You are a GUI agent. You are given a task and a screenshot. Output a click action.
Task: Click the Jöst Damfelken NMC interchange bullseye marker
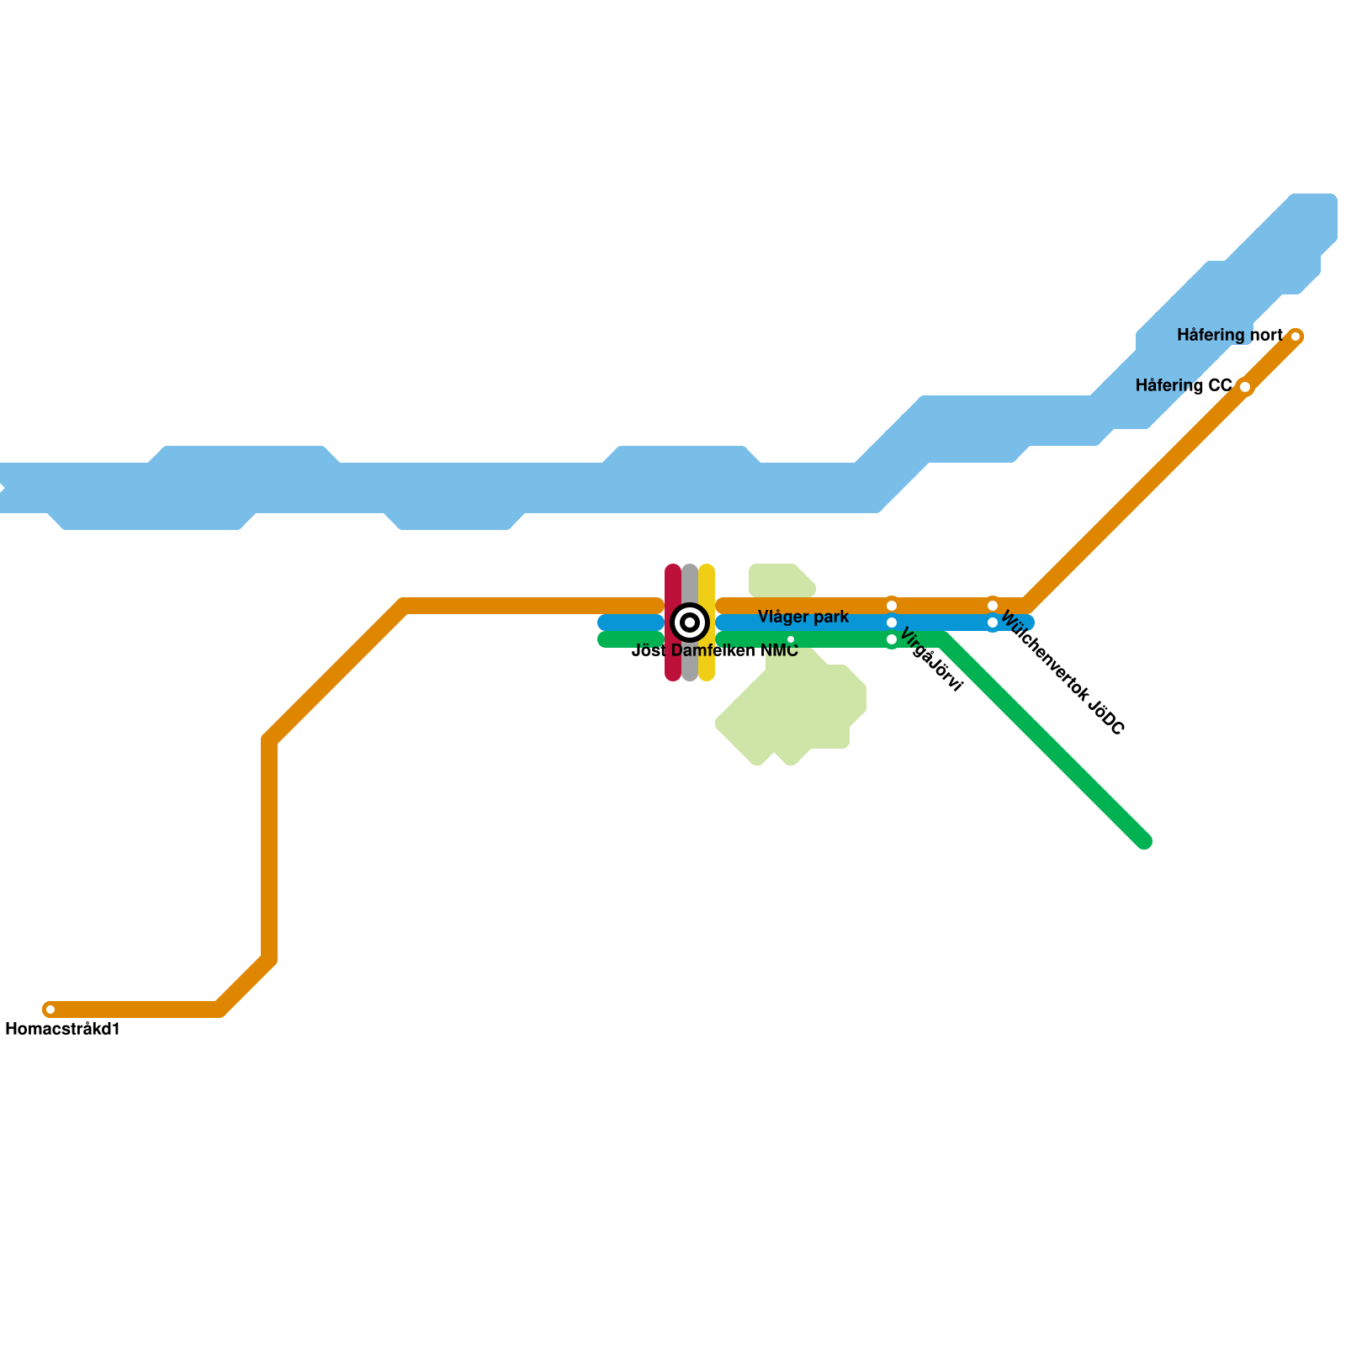[690, 623]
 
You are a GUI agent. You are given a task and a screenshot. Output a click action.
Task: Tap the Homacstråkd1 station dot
[50, 1010]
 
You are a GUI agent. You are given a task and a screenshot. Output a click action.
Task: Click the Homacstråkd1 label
[63, 1029]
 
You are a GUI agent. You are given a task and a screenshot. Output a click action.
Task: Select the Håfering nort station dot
[1296, 336]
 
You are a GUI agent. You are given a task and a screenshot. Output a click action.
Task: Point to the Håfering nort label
[1229, 336]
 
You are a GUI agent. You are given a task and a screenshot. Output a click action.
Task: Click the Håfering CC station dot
[1245, 387]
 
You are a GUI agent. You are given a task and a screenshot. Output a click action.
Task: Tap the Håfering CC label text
[1183, 386]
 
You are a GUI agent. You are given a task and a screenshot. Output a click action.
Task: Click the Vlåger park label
[803, 617]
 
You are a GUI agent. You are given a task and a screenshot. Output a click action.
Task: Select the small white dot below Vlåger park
[791, 640]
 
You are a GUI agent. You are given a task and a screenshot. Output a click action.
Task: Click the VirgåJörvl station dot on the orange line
[892, 606]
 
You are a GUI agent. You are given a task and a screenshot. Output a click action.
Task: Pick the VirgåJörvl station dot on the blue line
[892, 623]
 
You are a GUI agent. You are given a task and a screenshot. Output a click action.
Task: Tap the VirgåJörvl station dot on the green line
[892, 639]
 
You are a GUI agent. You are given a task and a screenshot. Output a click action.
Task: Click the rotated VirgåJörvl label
[930, 660]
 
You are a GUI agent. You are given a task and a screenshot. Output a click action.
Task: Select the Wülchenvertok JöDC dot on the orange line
[993, 606]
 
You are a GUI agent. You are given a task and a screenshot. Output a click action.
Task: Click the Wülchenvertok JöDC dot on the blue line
[993, 623]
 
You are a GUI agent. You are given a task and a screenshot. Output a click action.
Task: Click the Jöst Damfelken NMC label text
[714, 650]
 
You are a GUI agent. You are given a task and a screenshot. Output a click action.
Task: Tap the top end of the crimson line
[673, 570]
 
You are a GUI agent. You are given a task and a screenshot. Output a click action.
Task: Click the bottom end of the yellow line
[707, 676]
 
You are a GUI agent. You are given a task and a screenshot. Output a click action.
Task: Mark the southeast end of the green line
[1144, 841]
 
